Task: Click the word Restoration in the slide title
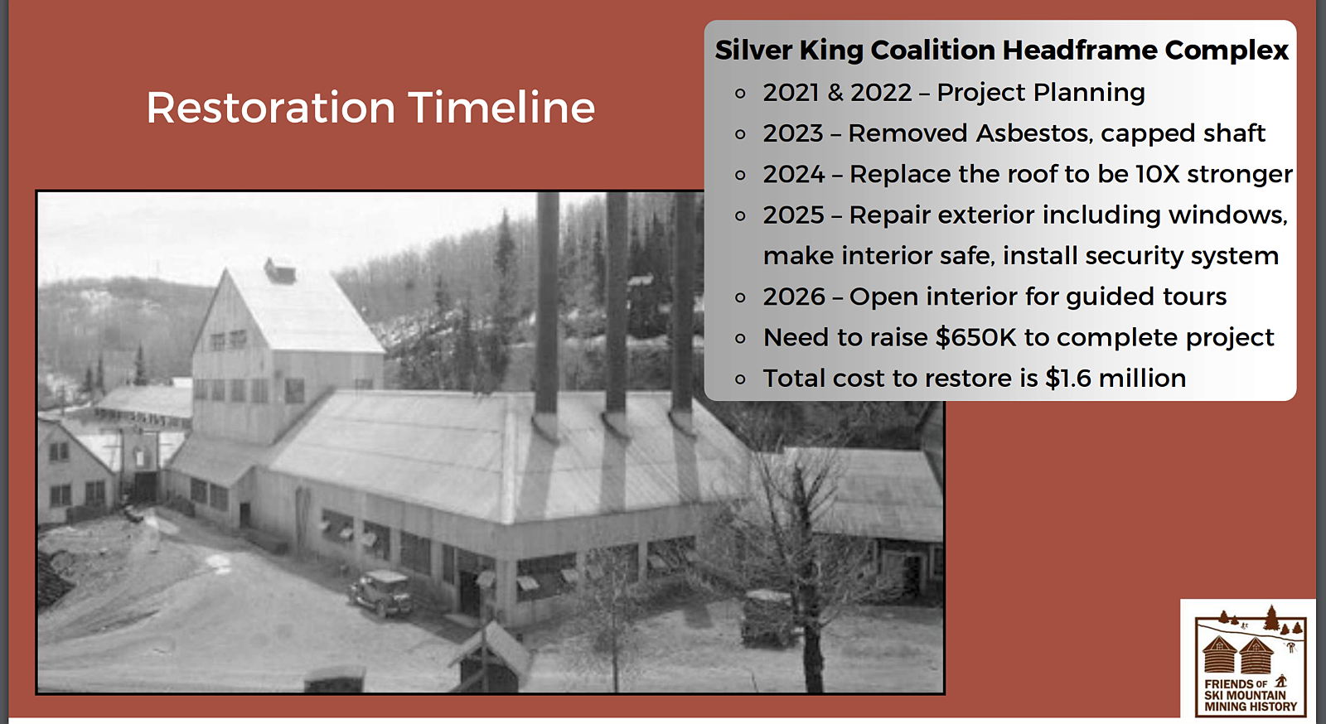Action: click(271, 108)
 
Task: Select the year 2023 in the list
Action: click(792, 133)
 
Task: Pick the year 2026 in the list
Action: click(794, 297)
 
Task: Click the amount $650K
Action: click(975, 337)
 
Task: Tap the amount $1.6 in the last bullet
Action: click(1067, 378)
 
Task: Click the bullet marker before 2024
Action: click(740, 175)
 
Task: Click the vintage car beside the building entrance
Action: click(380, 592)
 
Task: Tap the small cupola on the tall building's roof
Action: click(280, 271)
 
